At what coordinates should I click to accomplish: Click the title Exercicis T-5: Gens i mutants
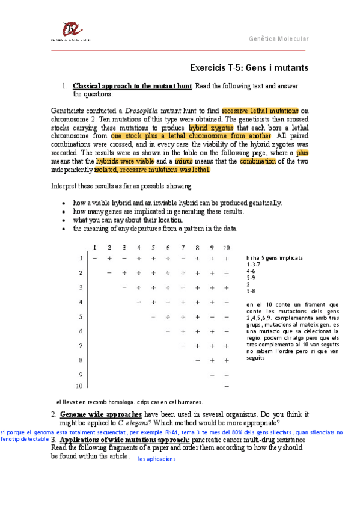point(249,68)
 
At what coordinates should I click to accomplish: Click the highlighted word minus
point(184,162)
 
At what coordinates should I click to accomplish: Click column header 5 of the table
point(153,247)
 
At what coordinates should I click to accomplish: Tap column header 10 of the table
point(226,247)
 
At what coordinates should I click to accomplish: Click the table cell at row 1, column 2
point(109,258)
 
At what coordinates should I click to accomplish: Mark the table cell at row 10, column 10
point(227,386)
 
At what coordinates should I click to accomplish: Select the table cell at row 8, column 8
point(197,360)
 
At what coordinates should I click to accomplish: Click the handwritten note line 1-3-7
point(255,264)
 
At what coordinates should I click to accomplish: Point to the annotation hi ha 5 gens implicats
point(274,257)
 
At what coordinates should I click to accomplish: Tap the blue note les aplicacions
point(157,459)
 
